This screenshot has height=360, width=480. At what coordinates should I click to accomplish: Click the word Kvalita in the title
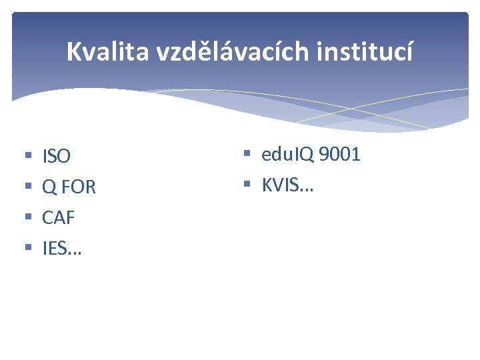(x=108, y=51)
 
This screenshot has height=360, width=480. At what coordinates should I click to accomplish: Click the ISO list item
(x=56, y=157)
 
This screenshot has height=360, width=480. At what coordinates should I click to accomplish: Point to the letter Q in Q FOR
(x=49, y=188)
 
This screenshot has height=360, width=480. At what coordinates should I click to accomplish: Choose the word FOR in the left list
(x=78, y=188)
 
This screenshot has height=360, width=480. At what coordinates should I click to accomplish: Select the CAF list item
(x=59, y=218)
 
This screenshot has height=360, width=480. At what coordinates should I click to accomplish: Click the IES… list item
(x=62, y=249)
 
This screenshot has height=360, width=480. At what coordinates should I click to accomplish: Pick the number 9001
(x=339, y=155)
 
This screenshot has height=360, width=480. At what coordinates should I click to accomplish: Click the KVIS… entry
(x=287, y=185)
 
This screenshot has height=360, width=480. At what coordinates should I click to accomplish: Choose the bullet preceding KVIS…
(x=247, y=185)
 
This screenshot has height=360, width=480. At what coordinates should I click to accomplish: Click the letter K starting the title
(x=73, y=51)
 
